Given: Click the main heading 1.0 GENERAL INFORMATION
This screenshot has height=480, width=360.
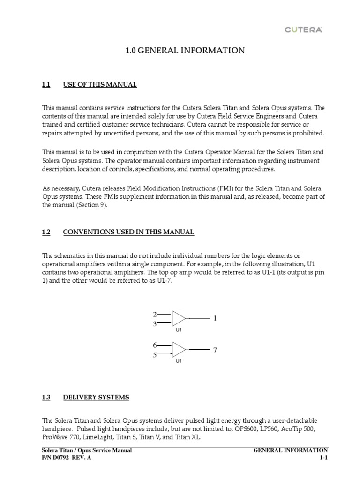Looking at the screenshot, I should point(185,51).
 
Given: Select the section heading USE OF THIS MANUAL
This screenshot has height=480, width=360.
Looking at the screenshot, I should point(100,85).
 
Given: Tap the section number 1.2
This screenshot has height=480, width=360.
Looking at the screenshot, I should point(46,232).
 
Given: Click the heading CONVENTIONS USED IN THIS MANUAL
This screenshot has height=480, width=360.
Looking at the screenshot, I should point(128,232).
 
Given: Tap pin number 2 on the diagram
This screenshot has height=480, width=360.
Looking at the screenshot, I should point(154,314).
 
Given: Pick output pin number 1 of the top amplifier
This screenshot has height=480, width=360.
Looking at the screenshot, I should point(215,319).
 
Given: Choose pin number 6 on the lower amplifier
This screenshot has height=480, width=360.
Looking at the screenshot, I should point(154,345).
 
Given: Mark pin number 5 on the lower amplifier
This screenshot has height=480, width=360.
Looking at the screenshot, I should point(154,355).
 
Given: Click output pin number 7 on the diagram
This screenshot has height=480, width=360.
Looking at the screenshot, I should point(215,350).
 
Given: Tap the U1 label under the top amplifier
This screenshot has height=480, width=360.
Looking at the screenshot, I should point(179,330).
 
